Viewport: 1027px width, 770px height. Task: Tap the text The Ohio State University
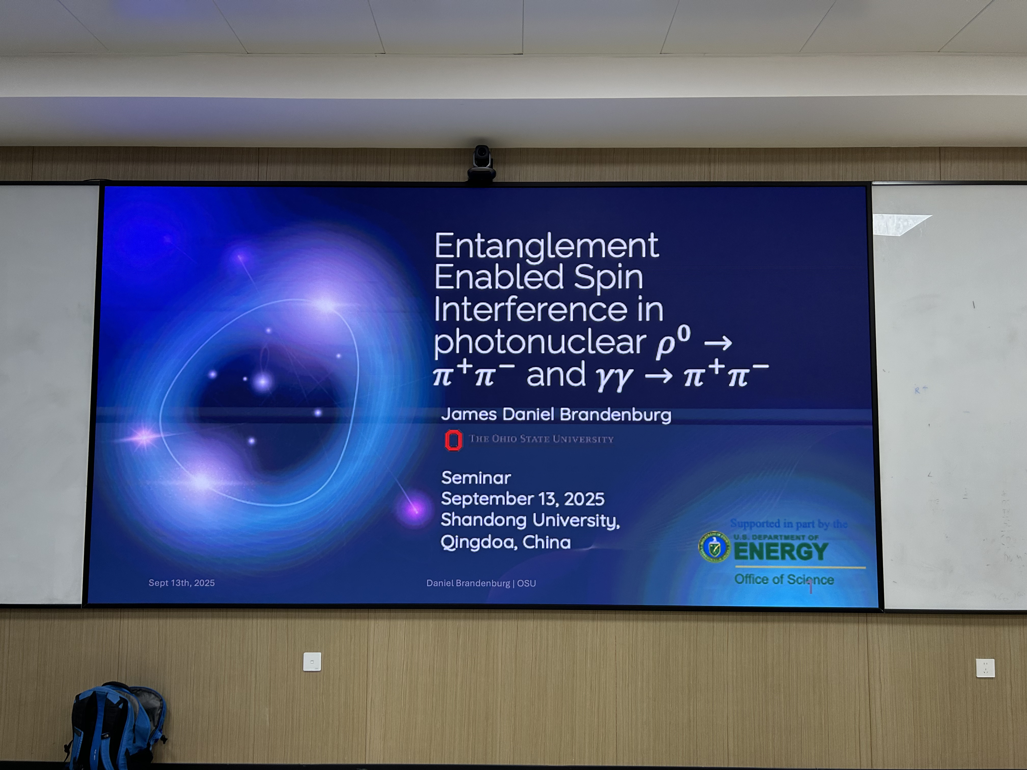[541, 439]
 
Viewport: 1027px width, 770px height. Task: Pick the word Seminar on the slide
[476, 478]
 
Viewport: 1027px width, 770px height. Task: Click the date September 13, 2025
[523, 499]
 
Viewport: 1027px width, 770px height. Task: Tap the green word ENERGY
[781, 551]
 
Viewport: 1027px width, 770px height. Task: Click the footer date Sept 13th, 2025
[182, 583]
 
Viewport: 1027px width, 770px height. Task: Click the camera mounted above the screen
[481, 164]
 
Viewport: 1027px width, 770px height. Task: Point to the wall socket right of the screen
[985, 668]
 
